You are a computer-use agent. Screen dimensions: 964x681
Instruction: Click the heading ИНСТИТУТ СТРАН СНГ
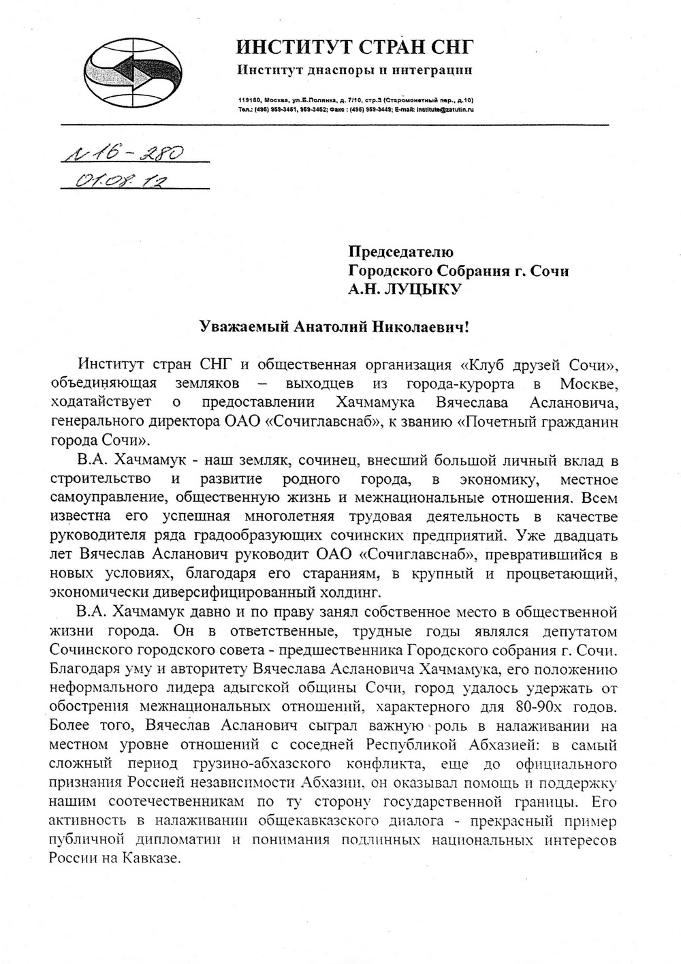click(354, 47)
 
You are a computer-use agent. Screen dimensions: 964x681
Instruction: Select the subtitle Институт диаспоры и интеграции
click(354, 70)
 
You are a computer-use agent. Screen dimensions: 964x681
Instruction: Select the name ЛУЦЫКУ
click(424, 290)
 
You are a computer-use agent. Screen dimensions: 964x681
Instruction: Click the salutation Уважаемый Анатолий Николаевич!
click(334, 327)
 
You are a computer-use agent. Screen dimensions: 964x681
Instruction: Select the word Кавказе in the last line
click(155, 858)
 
